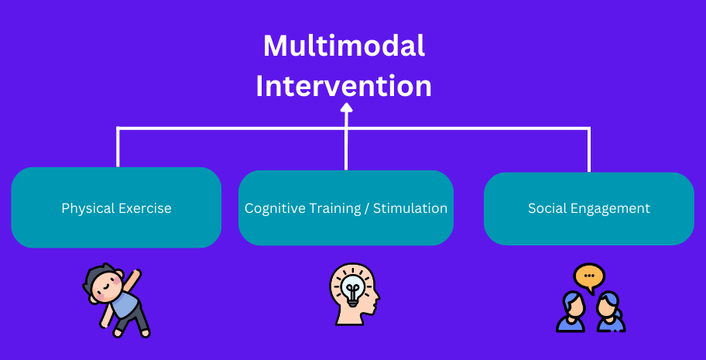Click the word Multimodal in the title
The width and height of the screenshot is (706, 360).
[344, 46]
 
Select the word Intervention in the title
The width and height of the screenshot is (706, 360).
[344, 86]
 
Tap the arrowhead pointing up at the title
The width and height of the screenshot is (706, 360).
[346, 108]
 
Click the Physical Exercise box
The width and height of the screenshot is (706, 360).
[116, 207]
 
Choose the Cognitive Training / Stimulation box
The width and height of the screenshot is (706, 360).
[346, 207]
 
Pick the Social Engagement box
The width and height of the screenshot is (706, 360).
[589, 208]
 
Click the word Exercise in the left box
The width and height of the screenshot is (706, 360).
[144, 208]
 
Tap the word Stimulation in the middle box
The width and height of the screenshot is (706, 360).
[410, 208]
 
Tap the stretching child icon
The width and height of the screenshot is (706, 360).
[115, 300]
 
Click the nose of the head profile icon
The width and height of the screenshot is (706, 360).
[377, 297]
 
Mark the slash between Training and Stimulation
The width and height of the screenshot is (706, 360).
[367, 209]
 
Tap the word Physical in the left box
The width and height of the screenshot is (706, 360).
[87, 209]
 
